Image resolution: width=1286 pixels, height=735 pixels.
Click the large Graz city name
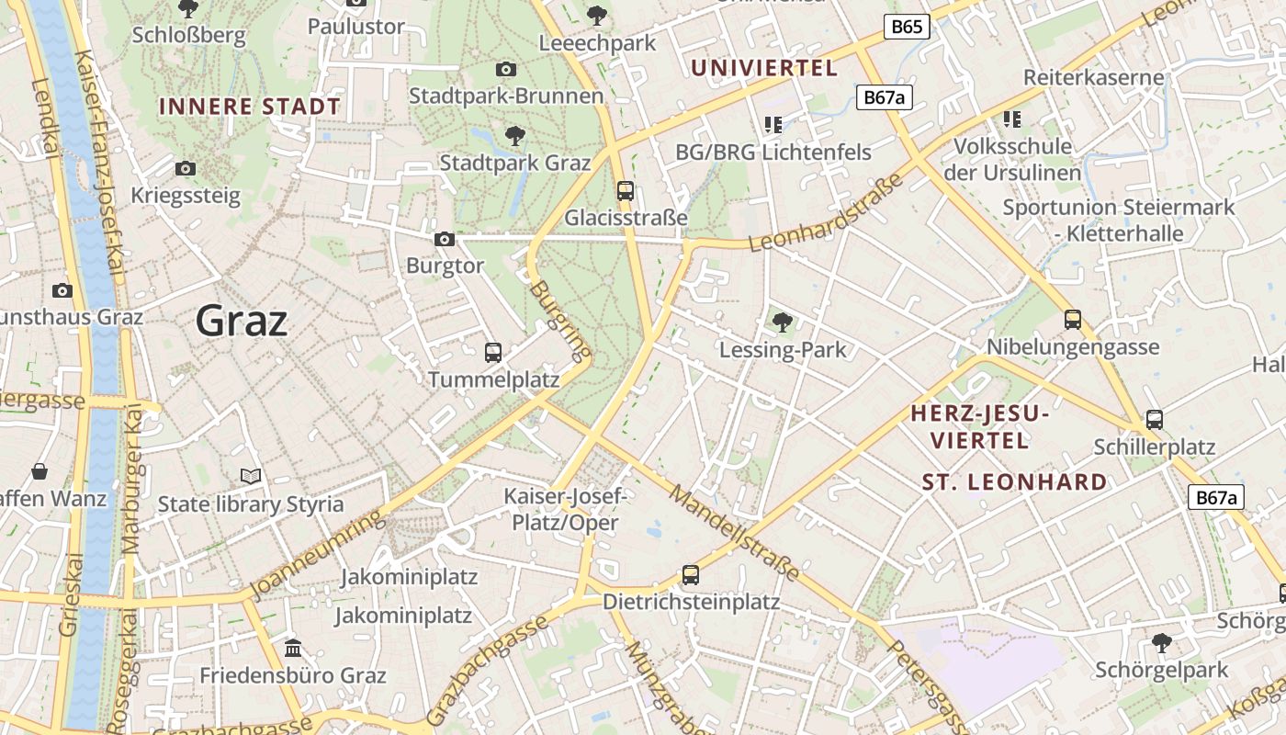click(x=242, y=321)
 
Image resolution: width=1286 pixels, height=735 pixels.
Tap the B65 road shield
click(x=907, y=27)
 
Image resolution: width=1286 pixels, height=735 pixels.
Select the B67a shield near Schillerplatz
click(x=1216, y=497)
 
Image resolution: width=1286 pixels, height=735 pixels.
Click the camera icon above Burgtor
click(x=445, y=239)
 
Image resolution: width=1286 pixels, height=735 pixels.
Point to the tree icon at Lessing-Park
click(x=783, y=322)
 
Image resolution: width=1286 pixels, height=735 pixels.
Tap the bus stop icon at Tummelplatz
click(x=493, y=352)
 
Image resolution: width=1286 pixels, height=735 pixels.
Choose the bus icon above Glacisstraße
click(x=626, y=190)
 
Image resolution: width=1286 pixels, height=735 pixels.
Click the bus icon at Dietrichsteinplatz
click(x=691, y=575)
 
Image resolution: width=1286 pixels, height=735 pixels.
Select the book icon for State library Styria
click(x=251, y=476)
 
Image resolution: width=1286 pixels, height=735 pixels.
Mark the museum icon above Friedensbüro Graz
click(x=293, y=649)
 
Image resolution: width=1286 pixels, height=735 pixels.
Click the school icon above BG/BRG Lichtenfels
click(x=773, y=124)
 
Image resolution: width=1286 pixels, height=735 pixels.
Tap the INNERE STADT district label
click(x=250, y=107)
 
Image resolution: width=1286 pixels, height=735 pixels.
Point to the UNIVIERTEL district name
click(x=764, y=68)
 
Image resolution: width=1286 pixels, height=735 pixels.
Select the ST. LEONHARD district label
click(x=1015, y=482)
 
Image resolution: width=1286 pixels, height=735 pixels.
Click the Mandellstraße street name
click(x=734, y=533)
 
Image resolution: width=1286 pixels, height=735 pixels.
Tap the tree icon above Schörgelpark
click(x=1162, y=641)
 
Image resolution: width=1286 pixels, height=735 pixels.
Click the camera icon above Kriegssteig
click(x=186, y=168)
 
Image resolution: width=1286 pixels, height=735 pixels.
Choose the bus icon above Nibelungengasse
click(x=1073, y=320)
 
